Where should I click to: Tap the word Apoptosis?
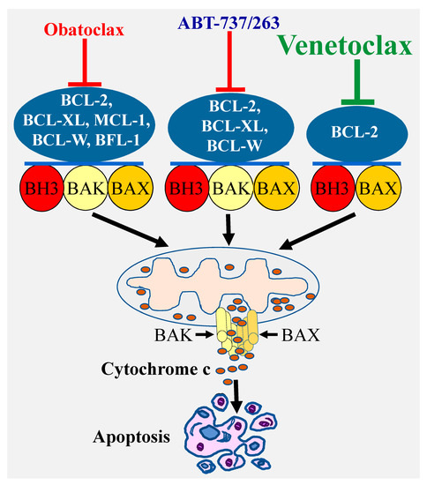[134, 435]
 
